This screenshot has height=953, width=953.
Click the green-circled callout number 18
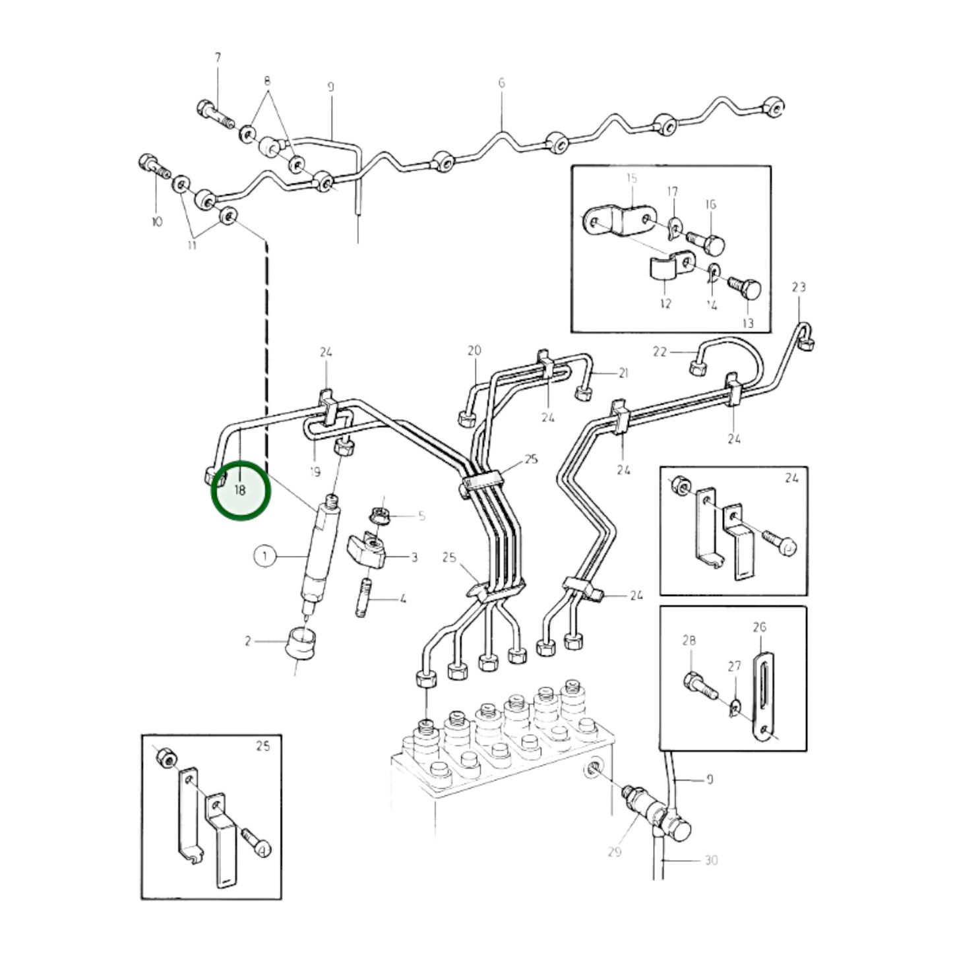[x=240, y=490]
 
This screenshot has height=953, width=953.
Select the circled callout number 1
[x=265, y=557]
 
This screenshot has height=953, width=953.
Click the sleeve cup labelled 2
[x=301, y=642]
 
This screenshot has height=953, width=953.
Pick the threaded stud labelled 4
[x=363, y=598]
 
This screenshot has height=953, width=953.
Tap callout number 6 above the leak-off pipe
[x=501, y=83]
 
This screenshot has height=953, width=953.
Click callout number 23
[x=799, y=288]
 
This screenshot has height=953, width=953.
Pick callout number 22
[x=660, y=352]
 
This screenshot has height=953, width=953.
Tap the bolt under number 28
[x=701, y=685]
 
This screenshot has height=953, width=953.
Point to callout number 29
[x=615, y=851]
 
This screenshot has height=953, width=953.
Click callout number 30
[x=711, y=861]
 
